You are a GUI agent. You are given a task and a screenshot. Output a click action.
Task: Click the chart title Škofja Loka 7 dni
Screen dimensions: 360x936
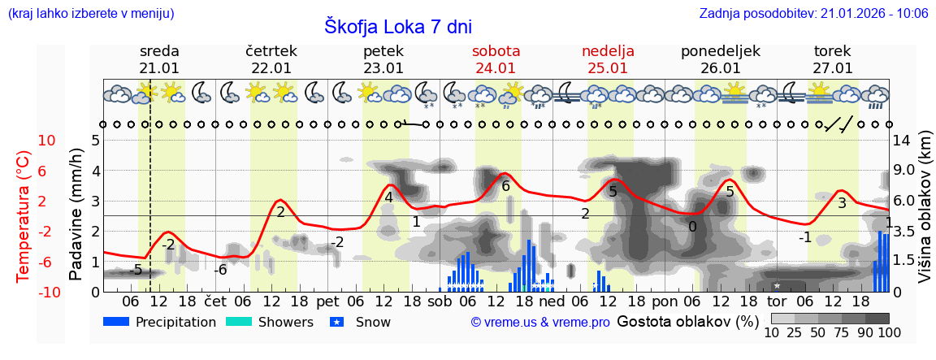397,25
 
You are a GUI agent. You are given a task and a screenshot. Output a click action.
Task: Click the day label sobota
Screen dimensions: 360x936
496,51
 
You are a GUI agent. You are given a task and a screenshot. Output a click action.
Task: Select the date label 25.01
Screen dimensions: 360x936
608,68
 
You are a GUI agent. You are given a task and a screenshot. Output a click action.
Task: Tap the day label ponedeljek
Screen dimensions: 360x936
720,51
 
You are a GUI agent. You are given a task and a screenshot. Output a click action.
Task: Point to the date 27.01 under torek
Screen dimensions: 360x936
832,68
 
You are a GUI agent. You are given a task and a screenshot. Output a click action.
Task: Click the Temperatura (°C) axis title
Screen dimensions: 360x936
24,215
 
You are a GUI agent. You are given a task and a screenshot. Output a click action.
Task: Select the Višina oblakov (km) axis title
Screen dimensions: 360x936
925,215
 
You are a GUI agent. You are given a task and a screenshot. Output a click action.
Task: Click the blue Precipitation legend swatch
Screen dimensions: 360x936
115,322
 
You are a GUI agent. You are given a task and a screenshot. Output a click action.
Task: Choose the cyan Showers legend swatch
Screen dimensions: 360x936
238,322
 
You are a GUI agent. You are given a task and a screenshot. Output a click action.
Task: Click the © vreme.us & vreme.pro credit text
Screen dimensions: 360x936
540,323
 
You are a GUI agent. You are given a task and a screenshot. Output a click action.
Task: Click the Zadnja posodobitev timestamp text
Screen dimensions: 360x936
813,13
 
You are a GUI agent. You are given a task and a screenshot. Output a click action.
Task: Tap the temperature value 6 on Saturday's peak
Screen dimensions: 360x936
505,186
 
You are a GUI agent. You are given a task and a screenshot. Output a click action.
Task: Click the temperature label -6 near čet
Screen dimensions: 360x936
220,270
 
